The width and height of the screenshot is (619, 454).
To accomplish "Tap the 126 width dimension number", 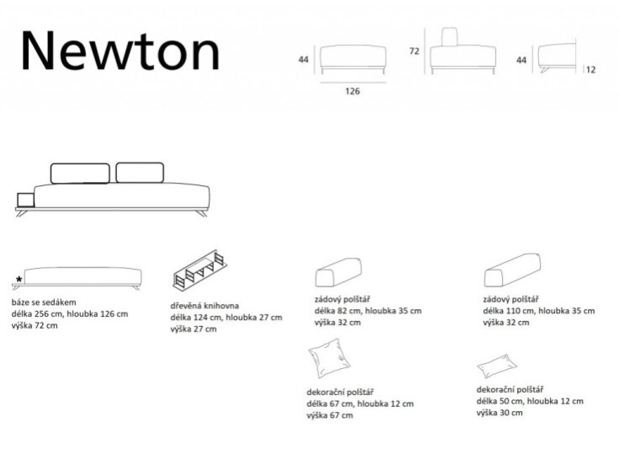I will tap(352, 92).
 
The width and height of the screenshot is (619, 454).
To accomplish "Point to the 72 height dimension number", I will tap(414, 51).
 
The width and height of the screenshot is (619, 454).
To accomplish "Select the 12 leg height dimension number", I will tap(590, 70).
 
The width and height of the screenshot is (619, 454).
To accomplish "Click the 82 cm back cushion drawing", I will tap(339, 272).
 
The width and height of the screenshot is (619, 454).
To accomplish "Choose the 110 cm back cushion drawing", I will tap(512, 271).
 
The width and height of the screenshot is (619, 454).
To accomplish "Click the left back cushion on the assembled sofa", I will tap(80, 173).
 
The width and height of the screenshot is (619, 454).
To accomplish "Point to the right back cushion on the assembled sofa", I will tap(139, 172).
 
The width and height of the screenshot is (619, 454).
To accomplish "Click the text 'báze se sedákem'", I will tap(45, 302).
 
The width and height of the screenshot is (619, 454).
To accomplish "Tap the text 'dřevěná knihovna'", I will tap(205, 305).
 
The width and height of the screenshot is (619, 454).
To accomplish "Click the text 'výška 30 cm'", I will tap(499, 413).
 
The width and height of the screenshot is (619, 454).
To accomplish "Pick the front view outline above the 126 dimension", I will tap(353, 56).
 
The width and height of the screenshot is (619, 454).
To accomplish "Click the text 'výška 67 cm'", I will tap(330, 415).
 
